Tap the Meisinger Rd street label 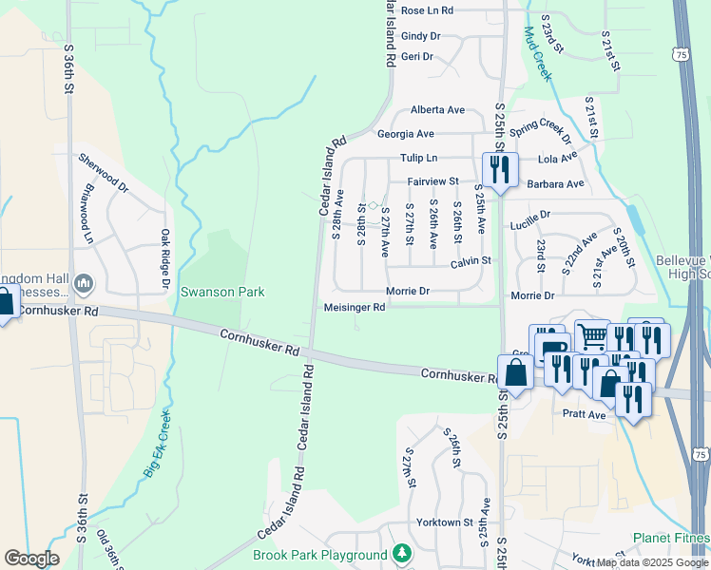point(354,307)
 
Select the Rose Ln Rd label point(427,10)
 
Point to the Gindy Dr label point(421,36)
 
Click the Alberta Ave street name point(437,110)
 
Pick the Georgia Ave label point(405,134)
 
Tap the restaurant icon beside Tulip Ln point(500,170)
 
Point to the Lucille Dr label point(530,216)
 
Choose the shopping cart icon point(591,335)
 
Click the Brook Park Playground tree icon point(402,553)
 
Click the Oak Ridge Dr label point(164,259)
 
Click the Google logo point(31,559)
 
